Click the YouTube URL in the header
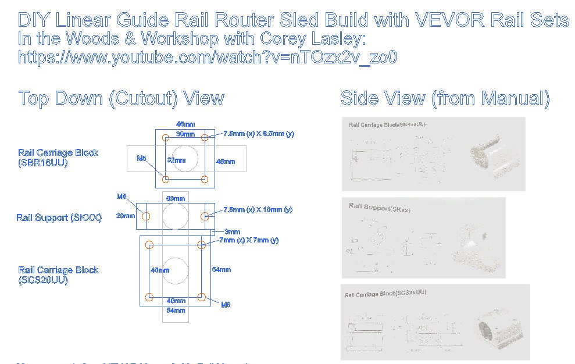click(208, 57)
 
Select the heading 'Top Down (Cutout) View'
click(121, 98)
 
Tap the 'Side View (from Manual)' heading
click(445, 98)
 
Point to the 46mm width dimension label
click(185, 124)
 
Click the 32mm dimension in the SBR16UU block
click(176, 160)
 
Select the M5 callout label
click(141, 158)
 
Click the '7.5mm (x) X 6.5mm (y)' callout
click(259, 134)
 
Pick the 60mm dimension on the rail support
click(176, 199)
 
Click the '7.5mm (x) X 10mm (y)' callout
click(258, 209)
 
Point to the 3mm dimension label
click(232, 232)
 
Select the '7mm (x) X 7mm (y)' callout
click(249, 240)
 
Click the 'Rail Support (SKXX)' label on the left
click(59, 218)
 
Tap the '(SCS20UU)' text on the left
click(43, 280)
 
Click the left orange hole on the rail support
click(147, 216)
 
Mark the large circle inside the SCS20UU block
click(176, 270)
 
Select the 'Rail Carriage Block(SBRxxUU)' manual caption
click(387, 124)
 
